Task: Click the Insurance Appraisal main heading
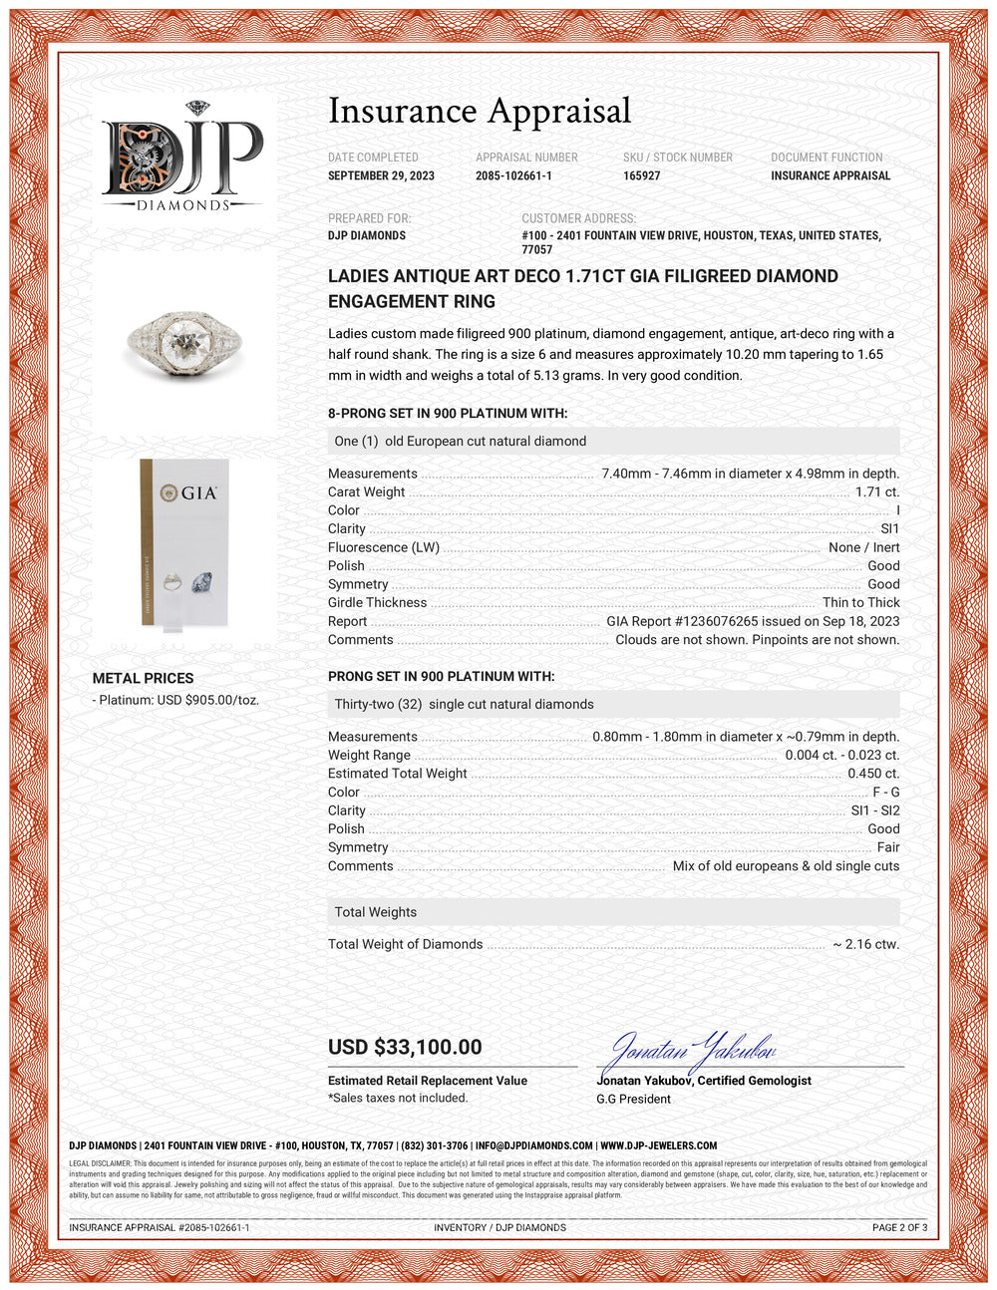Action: (x=480, y=111)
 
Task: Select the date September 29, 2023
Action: (x=381, y=175)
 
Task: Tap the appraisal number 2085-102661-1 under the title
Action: (x=513, y=175)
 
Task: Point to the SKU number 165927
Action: (x=641, y=175)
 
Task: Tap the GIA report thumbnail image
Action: (x=184, y=542)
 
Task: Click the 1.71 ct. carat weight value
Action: (x=876, y=491)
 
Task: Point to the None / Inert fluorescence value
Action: (x=863, y=547)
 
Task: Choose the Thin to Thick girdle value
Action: (x=860, y=602)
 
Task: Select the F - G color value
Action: (x=885, y=792)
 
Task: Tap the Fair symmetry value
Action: (x=887, y=847)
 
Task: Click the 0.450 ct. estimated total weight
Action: (x=873, y=773)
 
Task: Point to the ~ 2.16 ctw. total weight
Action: (x=865, y=944)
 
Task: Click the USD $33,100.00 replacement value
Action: (x=405, y=1047)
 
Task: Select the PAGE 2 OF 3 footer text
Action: (x=899, y=1227)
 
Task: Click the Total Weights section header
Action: (x=376, y=912)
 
